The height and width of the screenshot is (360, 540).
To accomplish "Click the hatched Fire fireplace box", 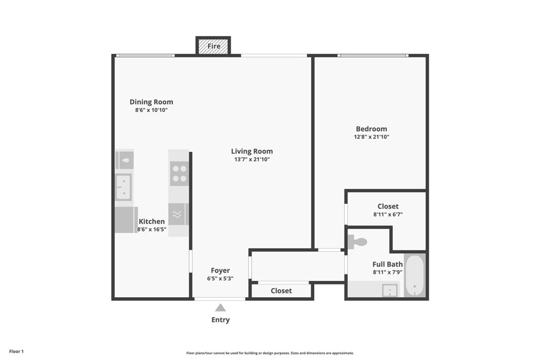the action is point(213,46).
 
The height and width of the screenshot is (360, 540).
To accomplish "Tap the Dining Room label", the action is point(151,102).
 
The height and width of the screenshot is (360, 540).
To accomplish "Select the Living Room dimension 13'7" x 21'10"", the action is point(252,159).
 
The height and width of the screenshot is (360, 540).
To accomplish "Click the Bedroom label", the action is point(371,129).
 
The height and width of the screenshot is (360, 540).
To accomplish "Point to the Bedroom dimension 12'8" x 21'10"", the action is point(371,137).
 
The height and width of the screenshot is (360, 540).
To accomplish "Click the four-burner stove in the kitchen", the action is point(179,173).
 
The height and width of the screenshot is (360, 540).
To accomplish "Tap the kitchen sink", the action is point(123,187).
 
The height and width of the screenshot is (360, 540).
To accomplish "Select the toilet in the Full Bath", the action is point(357,242).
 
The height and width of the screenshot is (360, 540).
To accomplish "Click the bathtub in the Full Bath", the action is point(414,276).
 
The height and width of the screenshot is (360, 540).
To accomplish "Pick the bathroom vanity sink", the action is point(390,290).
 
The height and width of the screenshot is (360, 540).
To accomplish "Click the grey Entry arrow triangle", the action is point(220,308).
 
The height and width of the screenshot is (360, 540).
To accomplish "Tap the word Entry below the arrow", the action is point(220,320).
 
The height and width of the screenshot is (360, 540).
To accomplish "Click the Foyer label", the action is point(220,270).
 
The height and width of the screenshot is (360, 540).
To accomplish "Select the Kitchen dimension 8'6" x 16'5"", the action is point(151,229).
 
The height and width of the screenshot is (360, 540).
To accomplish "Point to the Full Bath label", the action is point(388,264).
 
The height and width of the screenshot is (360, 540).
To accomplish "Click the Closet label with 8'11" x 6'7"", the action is point(388,207).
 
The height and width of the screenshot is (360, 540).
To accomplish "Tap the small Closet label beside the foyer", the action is point(281,291).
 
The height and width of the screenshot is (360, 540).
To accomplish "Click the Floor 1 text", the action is point(16,352).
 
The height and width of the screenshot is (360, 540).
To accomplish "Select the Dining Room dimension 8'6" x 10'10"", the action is point(151,110).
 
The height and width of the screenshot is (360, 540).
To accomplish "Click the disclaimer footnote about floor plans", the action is point(270,353).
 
